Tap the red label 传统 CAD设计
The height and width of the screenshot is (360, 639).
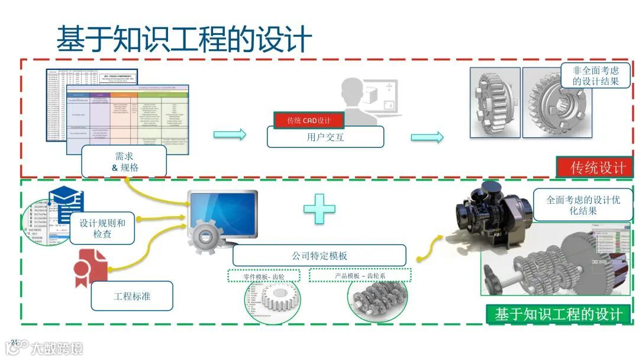click(x=309, y=120)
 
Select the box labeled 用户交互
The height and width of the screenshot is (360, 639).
click(x=325, y=137)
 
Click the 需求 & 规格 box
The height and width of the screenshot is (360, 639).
click(x=124, y=161)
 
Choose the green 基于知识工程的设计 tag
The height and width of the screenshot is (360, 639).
click(x=558, y=314)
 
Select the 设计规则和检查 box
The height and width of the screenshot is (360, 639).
click(x=102, y=229)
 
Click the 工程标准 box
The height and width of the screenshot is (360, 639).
click(x=132, y=296)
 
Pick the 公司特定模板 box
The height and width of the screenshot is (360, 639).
click(x=319, y=256)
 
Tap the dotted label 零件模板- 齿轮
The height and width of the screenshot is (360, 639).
click(x=264, y=276)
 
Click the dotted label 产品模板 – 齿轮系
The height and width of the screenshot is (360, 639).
click(x=360, y=276)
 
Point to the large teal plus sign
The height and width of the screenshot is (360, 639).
click(x=319, y=209)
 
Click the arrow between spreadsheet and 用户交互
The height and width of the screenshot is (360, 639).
click(x=230, y=135)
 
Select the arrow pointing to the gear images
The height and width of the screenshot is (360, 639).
click(x=427, y=137)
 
